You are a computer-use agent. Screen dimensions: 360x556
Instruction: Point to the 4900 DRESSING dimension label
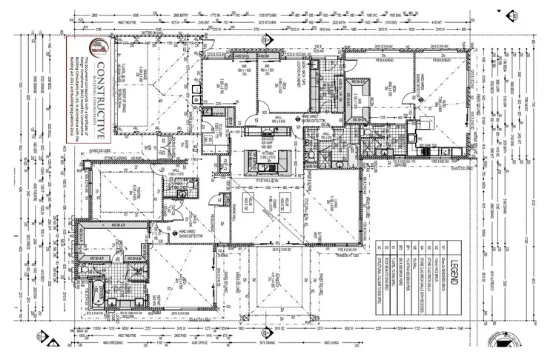[111, 342]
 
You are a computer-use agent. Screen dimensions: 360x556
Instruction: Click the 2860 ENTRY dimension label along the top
[172, 15]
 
